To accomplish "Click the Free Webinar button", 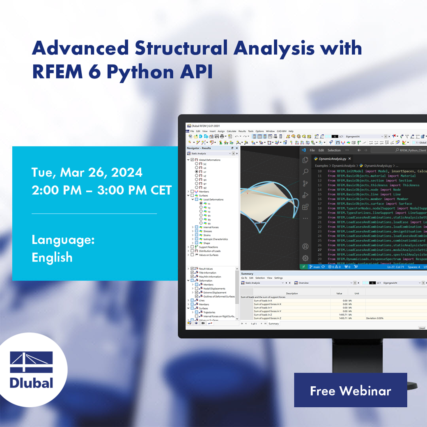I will point(350,390).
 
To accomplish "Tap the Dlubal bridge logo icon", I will point(32,362).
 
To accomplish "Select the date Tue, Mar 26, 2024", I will point(87,172).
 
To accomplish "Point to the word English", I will point(52,257).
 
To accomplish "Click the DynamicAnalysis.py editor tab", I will point(332,158).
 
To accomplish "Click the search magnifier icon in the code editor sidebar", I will point(305,172).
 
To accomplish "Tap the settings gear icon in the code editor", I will point(305,258).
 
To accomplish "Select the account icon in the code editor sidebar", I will point(305,247).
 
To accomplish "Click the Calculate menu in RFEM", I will point(232,131).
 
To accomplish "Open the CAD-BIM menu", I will point(282,131).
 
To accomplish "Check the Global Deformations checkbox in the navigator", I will point(192,160).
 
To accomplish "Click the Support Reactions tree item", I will point(209,247).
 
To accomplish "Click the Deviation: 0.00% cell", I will point(374,318).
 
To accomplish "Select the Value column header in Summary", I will point(339,294).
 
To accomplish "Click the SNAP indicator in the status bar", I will point(422,328).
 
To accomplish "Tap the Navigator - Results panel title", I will point(199,148).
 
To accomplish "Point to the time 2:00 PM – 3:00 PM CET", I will point(101,191).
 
